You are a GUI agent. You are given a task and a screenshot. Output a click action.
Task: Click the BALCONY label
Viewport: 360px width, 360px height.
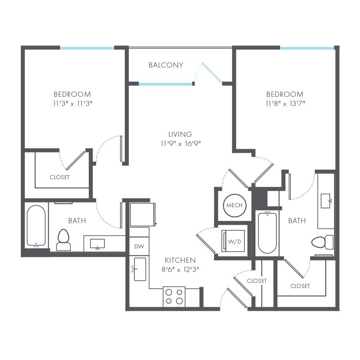point(166,65)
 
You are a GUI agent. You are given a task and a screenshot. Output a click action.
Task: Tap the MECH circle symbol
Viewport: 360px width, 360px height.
point(234,205)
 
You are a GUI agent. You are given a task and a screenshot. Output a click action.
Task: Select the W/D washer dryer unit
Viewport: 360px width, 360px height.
point(234,241)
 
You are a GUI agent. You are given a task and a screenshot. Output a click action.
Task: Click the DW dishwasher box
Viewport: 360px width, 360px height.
point(139,246)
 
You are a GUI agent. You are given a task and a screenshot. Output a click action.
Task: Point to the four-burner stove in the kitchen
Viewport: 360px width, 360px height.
point(174,297)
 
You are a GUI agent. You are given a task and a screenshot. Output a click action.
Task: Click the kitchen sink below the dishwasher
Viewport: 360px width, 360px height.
point(140,269)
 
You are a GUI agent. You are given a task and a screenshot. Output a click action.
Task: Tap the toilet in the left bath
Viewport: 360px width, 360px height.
point(64,240)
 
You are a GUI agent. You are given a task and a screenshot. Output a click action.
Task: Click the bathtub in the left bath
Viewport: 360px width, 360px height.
point(36,226)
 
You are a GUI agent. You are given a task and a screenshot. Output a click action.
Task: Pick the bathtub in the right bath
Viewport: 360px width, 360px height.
point(267,233)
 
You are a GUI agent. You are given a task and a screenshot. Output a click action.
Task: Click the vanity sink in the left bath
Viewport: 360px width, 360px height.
point(97,243)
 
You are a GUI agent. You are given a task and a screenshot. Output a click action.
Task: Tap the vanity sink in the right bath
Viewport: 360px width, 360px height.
point(326,201)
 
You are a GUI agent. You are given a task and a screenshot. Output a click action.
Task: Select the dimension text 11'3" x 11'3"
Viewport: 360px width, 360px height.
point(72,103)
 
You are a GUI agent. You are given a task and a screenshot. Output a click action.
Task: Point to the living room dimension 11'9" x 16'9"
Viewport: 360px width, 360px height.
point(180,143)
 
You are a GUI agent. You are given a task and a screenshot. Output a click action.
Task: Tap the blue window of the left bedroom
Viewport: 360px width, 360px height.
point(87,48)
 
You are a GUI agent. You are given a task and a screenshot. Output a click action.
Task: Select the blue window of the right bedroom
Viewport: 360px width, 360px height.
point(307,48)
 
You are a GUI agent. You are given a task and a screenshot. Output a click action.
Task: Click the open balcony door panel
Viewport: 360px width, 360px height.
point(212,73)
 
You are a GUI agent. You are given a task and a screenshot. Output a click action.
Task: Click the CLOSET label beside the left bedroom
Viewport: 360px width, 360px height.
point(60,177)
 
